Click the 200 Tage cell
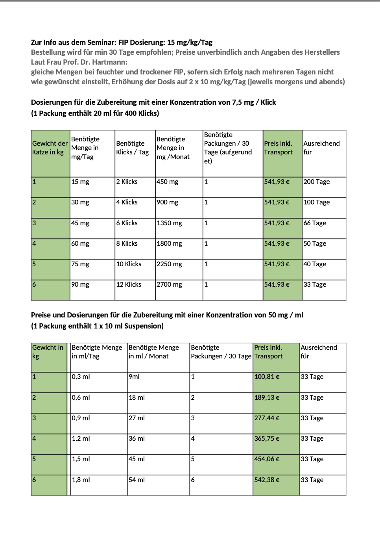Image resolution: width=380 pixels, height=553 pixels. pyautogui.click(x=317, y=182)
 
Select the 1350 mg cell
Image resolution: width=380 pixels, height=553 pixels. pyautogui.click(x=169, y=223)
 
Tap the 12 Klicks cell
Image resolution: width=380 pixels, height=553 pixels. pyautogui.click(x=129, y=285)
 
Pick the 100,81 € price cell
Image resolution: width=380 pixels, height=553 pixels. pyautogui.click(x=267, y=377)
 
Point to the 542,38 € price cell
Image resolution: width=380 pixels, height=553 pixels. pyautogui.click(x=267, y=480)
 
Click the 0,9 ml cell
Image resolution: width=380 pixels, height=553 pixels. pyautogui.click(x=81, y=418)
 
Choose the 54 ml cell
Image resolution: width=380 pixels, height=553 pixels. pyautogui.click(x=137, y=480)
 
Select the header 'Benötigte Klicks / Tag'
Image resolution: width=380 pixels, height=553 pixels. pyautogui.click(x=133, y=148)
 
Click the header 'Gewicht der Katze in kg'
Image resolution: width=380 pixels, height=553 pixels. pyautogui.click(x=50, y=148)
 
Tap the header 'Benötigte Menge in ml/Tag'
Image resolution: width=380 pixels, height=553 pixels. pyautogui.click(x=97, y=352)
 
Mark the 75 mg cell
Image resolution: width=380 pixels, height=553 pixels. pyautogui.click(x=80, y=264)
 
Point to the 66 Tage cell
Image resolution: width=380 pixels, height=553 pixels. pyautogui.click(x=315, y=223)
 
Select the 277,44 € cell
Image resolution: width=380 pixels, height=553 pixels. pyautogui.click(x=267, y=418)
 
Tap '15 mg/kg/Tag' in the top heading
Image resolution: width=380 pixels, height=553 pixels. pyautogui.click(x=190, y=43)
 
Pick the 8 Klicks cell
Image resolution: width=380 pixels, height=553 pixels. pyautogui.click(x=127, y=244)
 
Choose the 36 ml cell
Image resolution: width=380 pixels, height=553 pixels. pyautogui.click(x=137, y=439)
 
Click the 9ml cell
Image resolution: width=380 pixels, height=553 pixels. pyautogui.click(x=134, y=377)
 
